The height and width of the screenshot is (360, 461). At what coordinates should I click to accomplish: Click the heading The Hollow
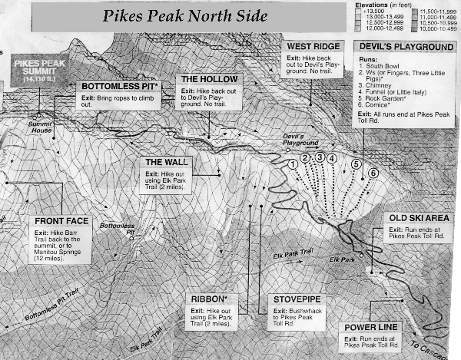(x=204, y=79)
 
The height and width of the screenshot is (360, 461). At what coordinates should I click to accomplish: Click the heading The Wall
(x=163, y=162)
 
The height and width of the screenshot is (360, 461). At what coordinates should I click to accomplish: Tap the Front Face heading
(x=62, y=221)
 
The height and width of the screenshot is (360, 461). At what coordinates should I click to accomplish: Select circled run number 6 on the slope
(x=373, y=173)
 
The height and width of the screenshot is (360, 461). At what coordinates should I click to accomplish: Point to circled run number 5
(x=356, y=163)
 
